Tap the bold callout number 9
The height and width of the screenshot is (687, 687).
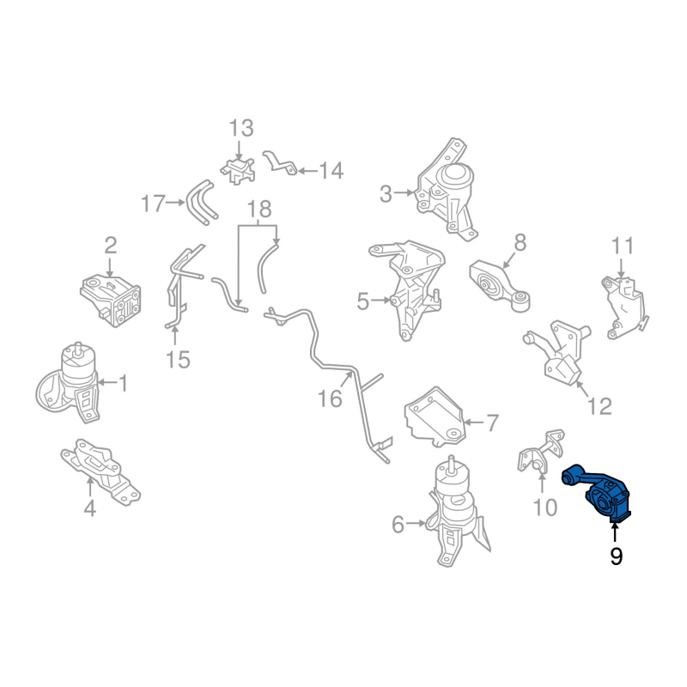click(616, 557)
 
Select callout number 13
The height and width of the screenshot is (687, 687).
click(241, 129)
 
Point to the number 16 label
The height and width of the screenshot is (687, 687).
click(330, 398)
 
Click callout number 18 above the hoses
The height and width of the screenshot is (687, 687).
click(258, 209)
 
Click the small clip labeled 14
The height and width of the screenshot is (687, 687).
click(279, 162)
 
